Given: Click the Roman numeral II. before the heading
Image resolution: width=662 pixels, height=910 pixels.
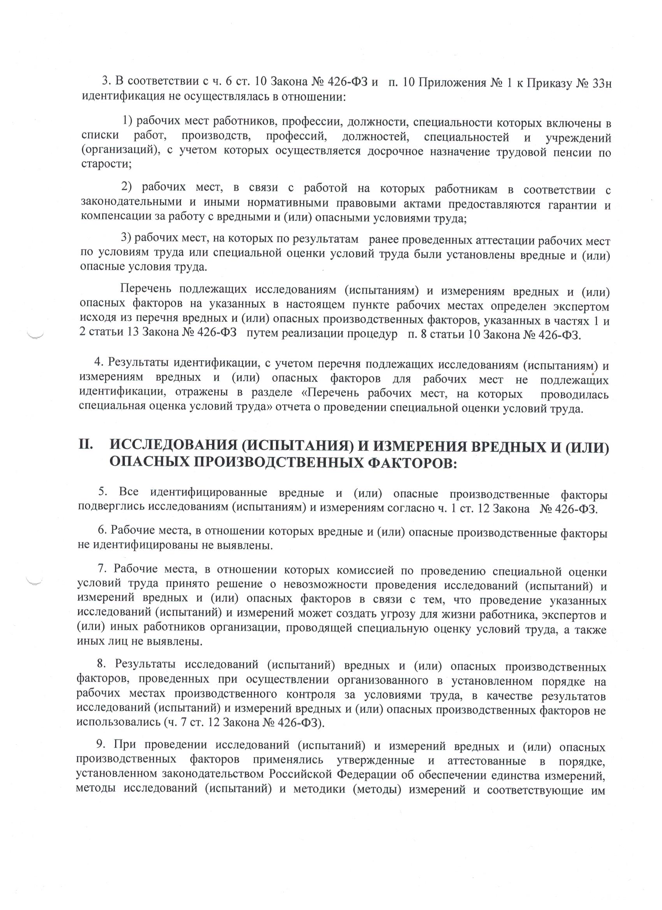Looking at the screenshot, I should [86, 446].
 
